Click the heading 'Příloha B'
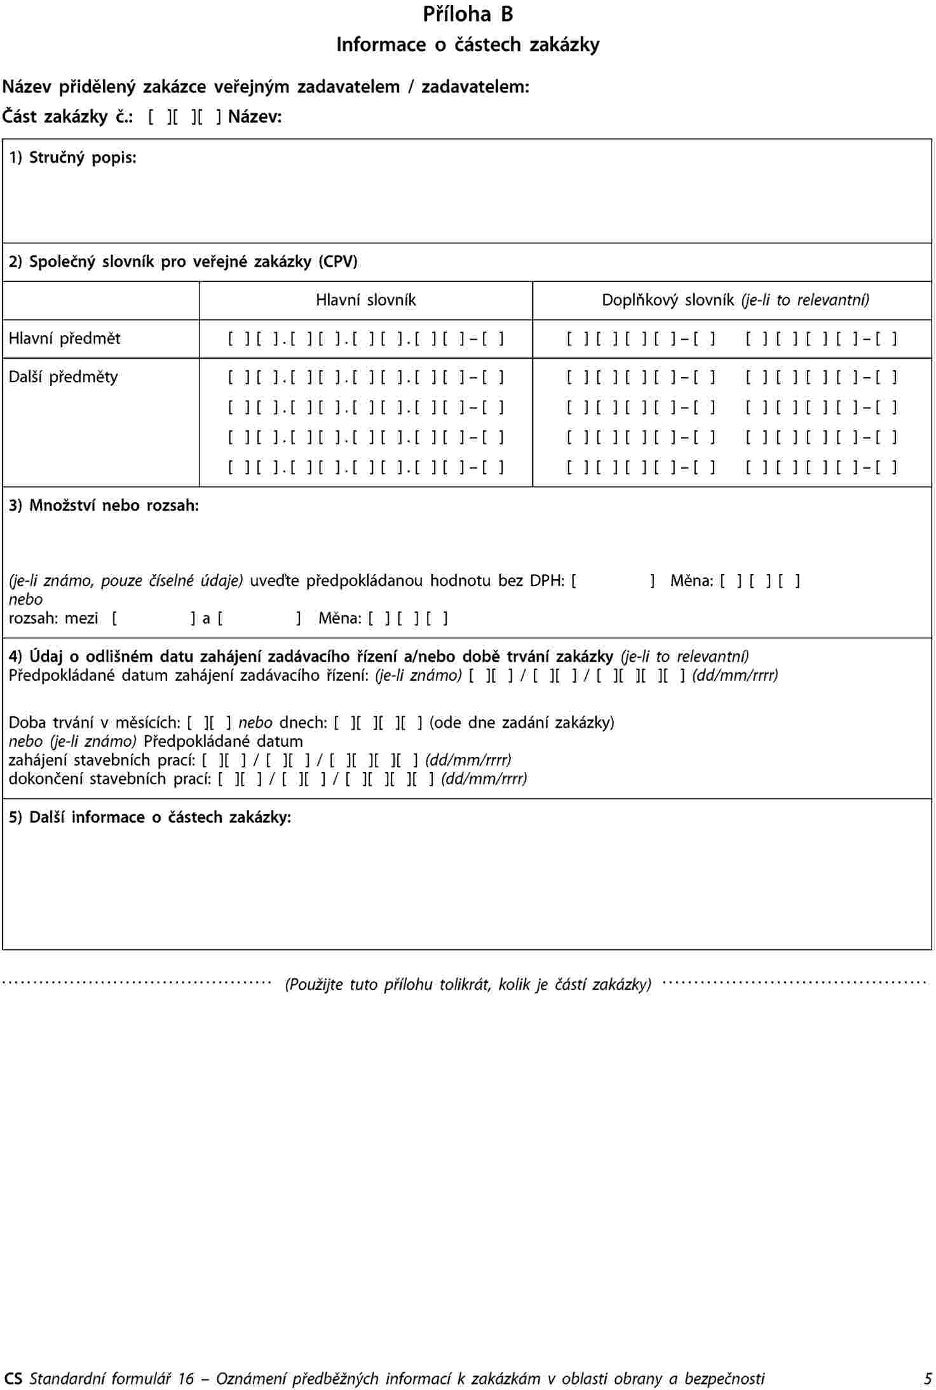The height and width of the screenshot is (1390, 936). [x=468, y=15]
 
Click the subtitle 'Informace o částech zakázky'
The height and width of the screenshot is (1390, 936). [x=468, y=44]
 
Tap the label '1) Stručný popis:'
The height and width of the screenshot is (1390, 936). [x=72, y=157]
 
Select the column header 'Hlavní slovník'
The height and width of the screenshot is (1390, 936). [x=366, y=300]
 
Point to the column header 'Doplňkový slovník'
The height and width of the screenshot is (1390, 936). [x=667, y=300]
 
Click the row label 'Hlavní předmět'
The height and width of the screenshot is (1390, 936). [x=64, y=338]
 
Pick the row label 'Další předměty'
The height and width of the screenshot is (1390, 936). [x=63, y=377]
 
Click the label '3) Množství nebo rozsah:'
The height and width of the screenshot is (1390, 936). [x=104, y=505]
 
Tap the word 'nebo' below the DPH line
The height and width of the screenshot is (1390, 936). [x=25, y=599]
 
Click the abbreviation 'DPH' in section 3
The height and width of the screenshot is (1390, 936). [x=547, y=580]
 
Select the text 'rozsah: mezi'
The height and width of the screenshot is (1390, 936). [x=53, y=618]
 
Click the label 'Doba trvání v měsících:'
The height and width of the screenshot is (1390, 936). [x=95, y=723]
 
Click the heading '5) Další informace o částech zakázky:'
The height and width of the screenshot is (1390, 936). [x=150, y=817]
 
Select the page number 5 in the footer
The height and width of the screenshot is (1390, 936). [x=928, y=1379]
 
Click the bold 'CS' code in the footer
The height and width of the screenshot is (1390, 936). [x=13, y=1379]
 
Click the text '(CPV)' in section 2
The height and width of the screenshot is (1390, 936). [x=338, y=262]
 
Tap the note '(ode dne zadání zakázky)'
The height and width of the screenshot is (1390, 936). [x=522, y=723]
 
